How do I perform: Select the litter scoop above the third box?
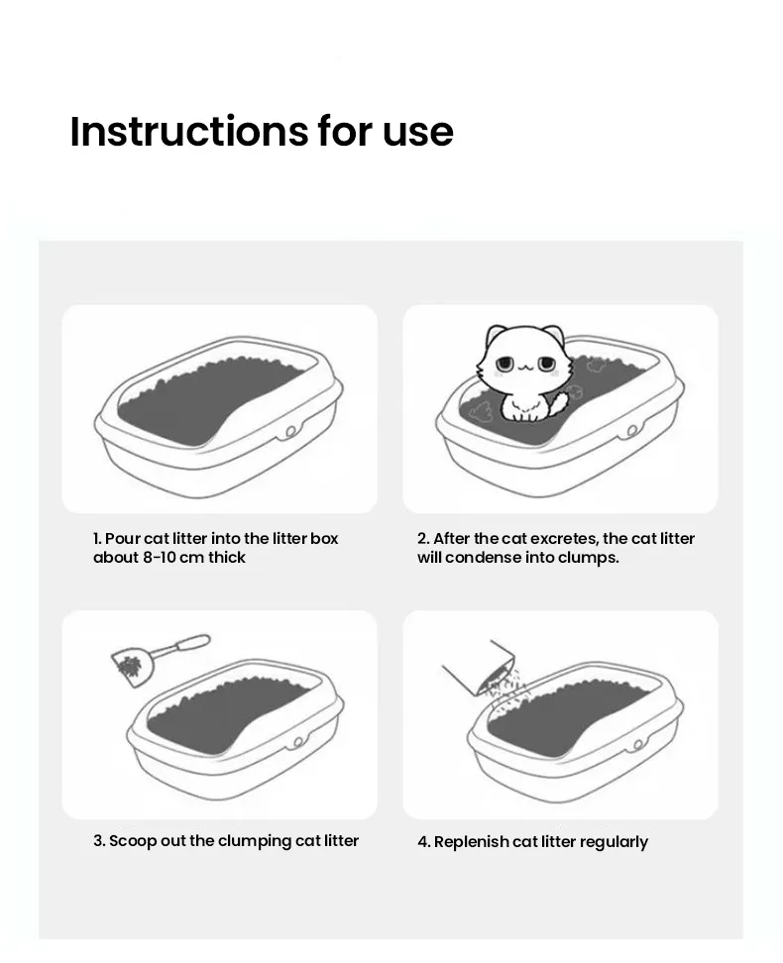[159, 655]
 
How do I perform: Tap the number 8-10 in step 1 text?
[155, 558]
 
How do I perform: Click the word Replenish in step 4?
[470, 842]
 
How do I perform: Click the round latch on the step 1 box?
[290, 432]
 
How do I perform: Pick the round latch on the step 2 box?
[631, 432]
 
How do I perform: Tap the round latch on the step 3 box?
[299, 742]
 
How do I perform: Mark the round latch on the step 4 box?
[639, 742]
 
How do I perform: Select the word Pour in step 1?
[122, 539]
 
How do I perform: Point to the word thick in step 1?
[226, 558]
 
